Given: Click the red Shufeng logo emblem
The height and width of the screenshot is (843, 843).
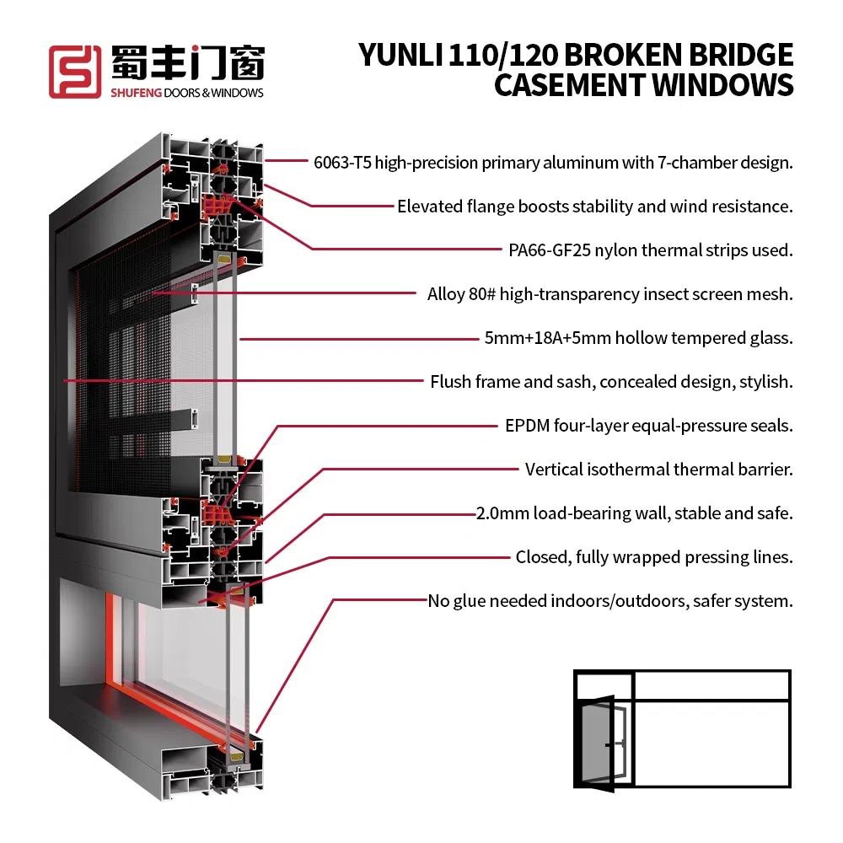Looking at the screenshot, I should pos(76,71).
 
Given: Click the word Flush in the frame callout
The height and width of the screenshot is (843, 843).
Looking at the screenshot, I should pos(450,382).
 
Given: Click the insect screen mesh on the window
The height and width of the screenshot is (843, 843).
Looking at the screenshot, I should pos(135,379).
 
